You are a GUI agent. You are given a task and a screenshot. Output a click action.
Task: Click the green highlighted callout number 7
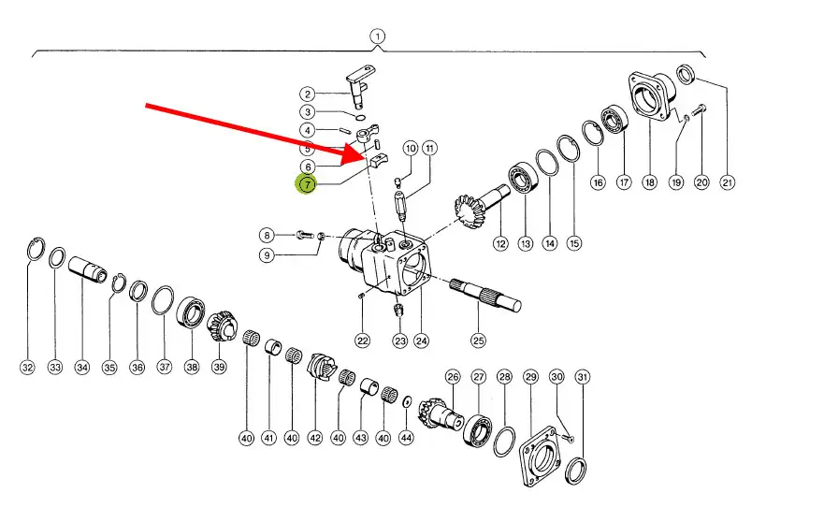(x=307, y=184)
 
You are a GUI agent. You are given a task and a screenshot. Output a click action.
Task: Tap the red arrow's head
(x=354, y=153)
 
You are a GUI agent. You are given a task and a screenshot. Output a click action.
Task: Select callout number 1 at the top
(x=377, y=36)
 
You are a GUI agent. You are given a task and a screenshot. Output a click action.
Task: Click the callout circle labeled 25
(x=478, y=341)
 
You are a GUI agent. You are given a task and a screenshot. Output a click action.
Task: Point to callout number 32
(x=27, y=368)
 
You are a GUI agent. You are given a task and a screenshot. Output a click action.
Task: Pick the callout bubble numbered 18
(x=649, y=182)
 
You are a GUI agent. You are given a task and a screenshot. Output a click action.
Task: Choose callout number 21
(x=728, y=182)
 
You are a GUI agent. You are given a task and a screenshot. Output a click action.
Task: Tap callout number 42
(x=315, y=438)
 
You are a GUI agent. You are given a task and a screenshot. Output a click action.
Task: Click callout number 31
(x=582, y=377)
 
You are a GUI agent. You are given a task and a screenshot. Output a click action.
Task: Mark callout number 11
(x=430, y=148)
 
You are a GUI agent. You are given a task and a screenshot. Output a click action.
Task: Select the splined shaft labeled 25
(x=485, y=296)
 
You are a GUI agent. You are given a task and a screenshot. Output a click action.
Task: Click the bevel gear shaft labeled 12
(x=481, y=203)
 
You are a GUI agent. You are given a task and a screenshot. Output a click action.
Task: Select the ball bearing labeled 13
(x=523, y=178)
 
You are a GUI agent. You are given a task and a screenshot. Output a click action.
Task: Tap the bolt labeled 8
(x=305, y=234)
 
